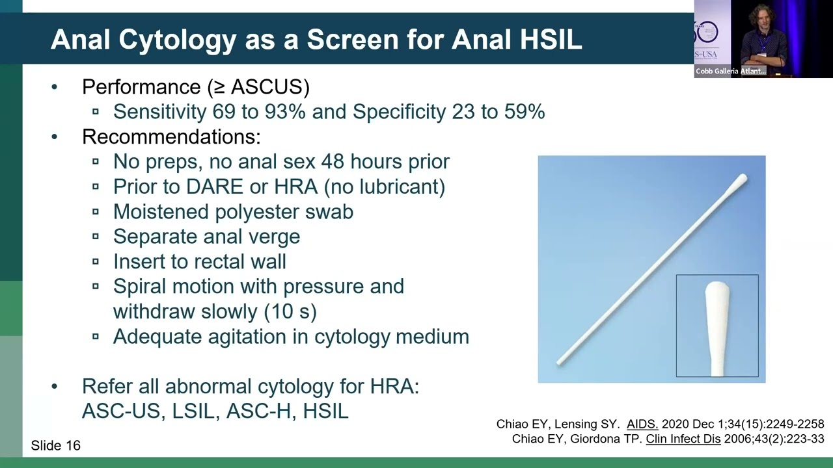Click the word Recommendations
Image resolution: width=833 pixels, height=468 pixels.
171,136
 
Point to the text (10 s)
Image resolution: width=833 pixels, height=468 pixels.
290,311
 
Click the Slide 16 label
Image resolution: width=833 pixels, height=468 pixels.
56,445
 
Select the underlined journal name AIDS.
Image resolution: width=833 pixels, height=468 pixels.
642,424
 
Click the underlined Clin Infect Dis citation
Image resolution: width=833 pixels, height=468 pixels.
683,439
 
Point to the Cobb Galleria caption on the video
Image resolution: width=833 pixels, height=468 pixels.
730,71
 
